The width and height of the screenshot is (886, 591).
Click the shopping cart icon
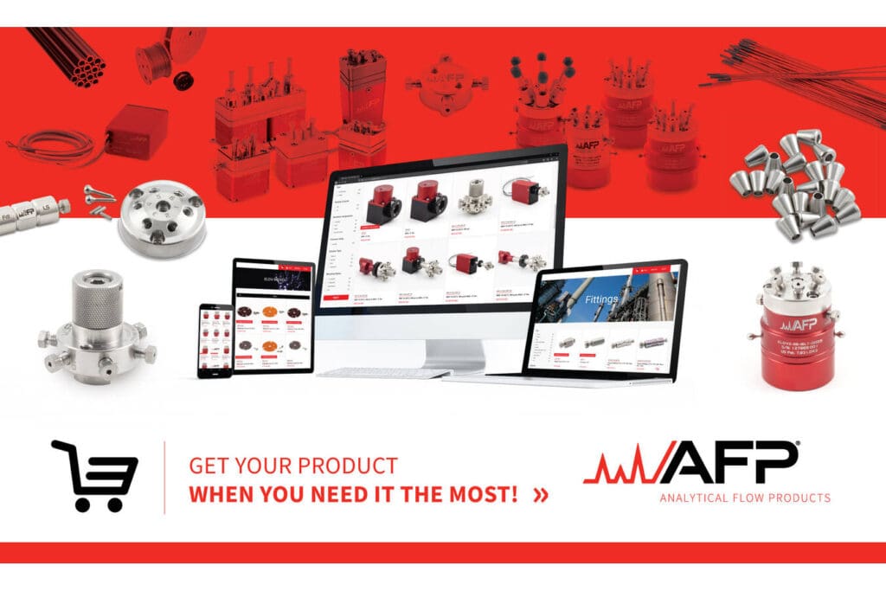click(95, 475)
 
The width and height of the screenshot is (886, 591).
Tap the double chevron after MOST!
click(542, 496)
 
